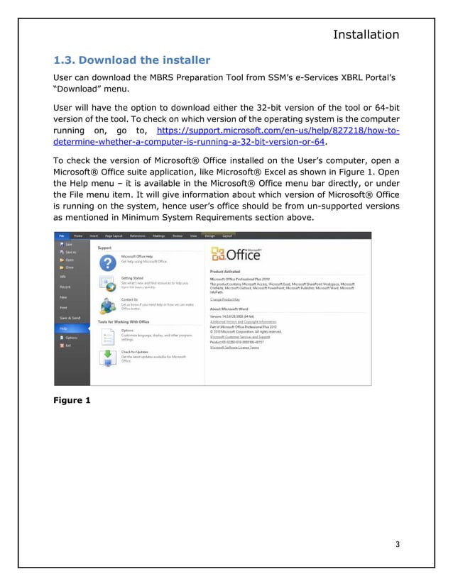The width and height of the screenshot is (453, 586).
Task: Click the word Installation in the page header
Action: point(366,34)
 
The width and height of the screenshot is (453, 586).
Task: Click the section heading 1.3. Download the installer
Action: point(132,59)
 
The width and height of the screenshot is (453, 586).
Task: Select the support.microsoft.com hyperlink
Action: point(277,131)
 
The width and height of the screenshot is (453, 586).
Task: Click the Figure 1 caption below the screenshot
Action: point(72,400)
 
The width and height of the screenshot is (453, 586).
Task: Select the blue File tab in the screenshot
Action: point(61,235)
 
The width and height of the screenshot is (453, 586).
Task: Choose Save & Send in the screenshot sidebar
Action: point(70,317)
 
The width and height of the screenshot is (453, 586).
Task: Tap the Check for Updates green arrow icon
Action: point(107,356)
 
